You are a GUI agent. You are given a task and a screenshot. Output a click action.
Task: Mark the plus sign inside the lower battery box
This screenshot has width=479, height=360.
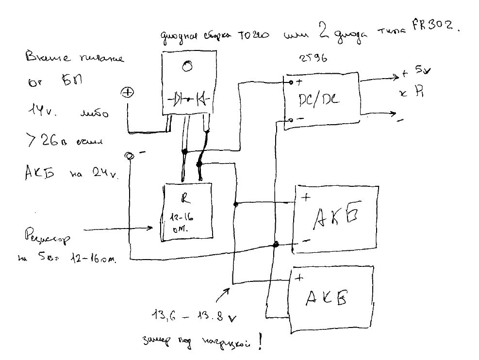point(299,278)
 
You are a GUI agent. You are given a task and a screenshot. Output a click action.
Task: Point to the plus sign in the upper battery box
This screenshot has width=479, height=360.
point(306,197)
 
